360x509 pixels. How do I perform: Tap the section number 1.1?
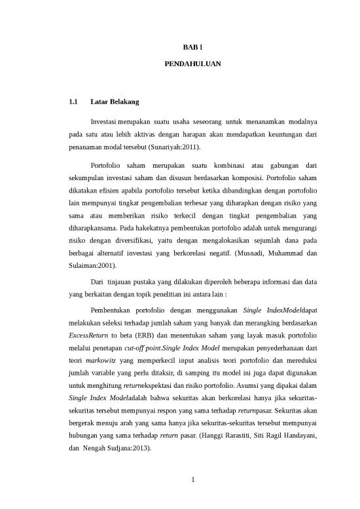pos(73,102)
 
